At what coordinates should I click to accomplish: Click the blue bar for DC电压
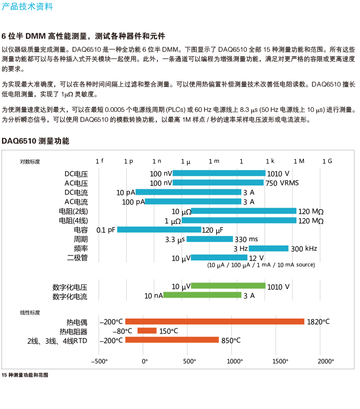pos(219,173)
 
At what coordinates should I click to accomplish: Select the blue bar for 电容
pos(159,230)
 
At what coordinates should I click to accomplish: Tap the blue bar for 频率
pos(268,248)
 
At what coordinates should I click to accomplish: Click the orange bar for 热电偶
pos(215,322)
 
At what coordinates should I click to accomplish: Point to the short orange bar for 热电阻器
pos(147,331)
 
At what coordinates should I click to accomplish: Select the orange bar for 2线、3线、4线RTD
pos(172,340)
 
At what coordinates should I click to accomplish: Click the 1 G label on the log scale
pos(327,161)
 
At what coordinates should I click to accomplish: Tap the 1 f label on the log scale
pos(100,161)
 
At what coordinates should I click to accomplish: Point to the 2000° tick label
pos(326,361)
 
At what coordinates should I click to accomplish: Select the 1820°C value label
pos(318,322)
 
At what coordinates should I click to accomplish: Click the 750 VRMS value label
pos(282,183)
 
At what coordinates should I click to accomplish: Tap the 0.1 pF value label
pos(106,230)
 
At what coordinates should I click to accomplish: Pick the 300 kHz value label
pos(304,248)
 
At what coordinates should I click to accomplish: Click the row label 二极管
pos(77,258)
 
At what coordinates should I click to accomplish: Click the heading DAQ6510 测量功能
pos(36,141)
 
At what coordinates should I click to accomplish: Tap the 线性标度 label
pos(30,313)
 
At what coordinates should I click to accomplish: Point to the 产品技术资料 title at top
pos(27,6)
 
